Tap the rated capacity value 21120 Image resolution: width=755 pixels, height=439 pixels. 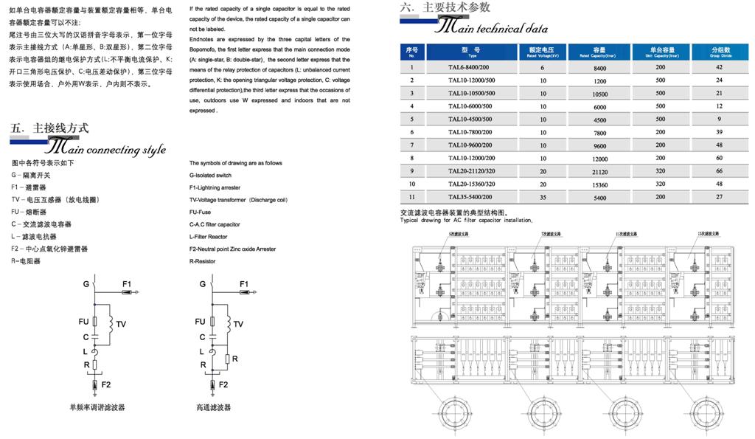pyautogui.click(x=599, y=171)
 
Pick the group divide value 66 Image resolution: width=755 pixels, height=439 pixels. pyautogui.click(x=719, y=171)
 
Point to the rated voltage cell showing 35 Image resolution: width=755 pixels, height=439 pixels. pyautogui.click(x=542, y=197)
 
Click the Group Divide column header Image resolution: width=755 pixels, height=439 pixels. pyautogui.click(x=719, y=52)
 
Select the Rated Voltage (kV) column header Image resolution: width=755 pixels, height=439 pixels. pyautogui.click(x=542, y=52)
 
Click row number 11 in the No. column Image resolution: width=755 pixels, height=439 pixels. pyautogui.click(x=412, y=197)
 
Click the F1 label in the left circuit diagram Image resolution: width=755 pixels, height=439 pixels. pyautogui.click(x=126, y=284)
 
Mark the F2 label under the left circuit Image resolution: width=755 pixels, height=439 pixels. pyautogui.click(x=106, y=384)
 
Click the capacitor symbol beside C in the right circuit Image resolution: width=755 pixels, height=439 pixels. pyautogui.click(x=213, y=336)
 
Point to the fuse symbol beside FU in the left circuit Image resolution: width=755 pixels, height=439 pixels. pyautogui.click(x=95, y=322)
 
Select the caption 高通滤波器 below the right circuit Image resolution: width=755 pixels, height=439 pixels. pyautogui.click(x=213, y=407)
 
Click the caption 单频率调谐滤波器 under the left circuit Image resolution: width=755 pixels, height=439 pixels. pyautogui.click(x=97, y=407)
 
